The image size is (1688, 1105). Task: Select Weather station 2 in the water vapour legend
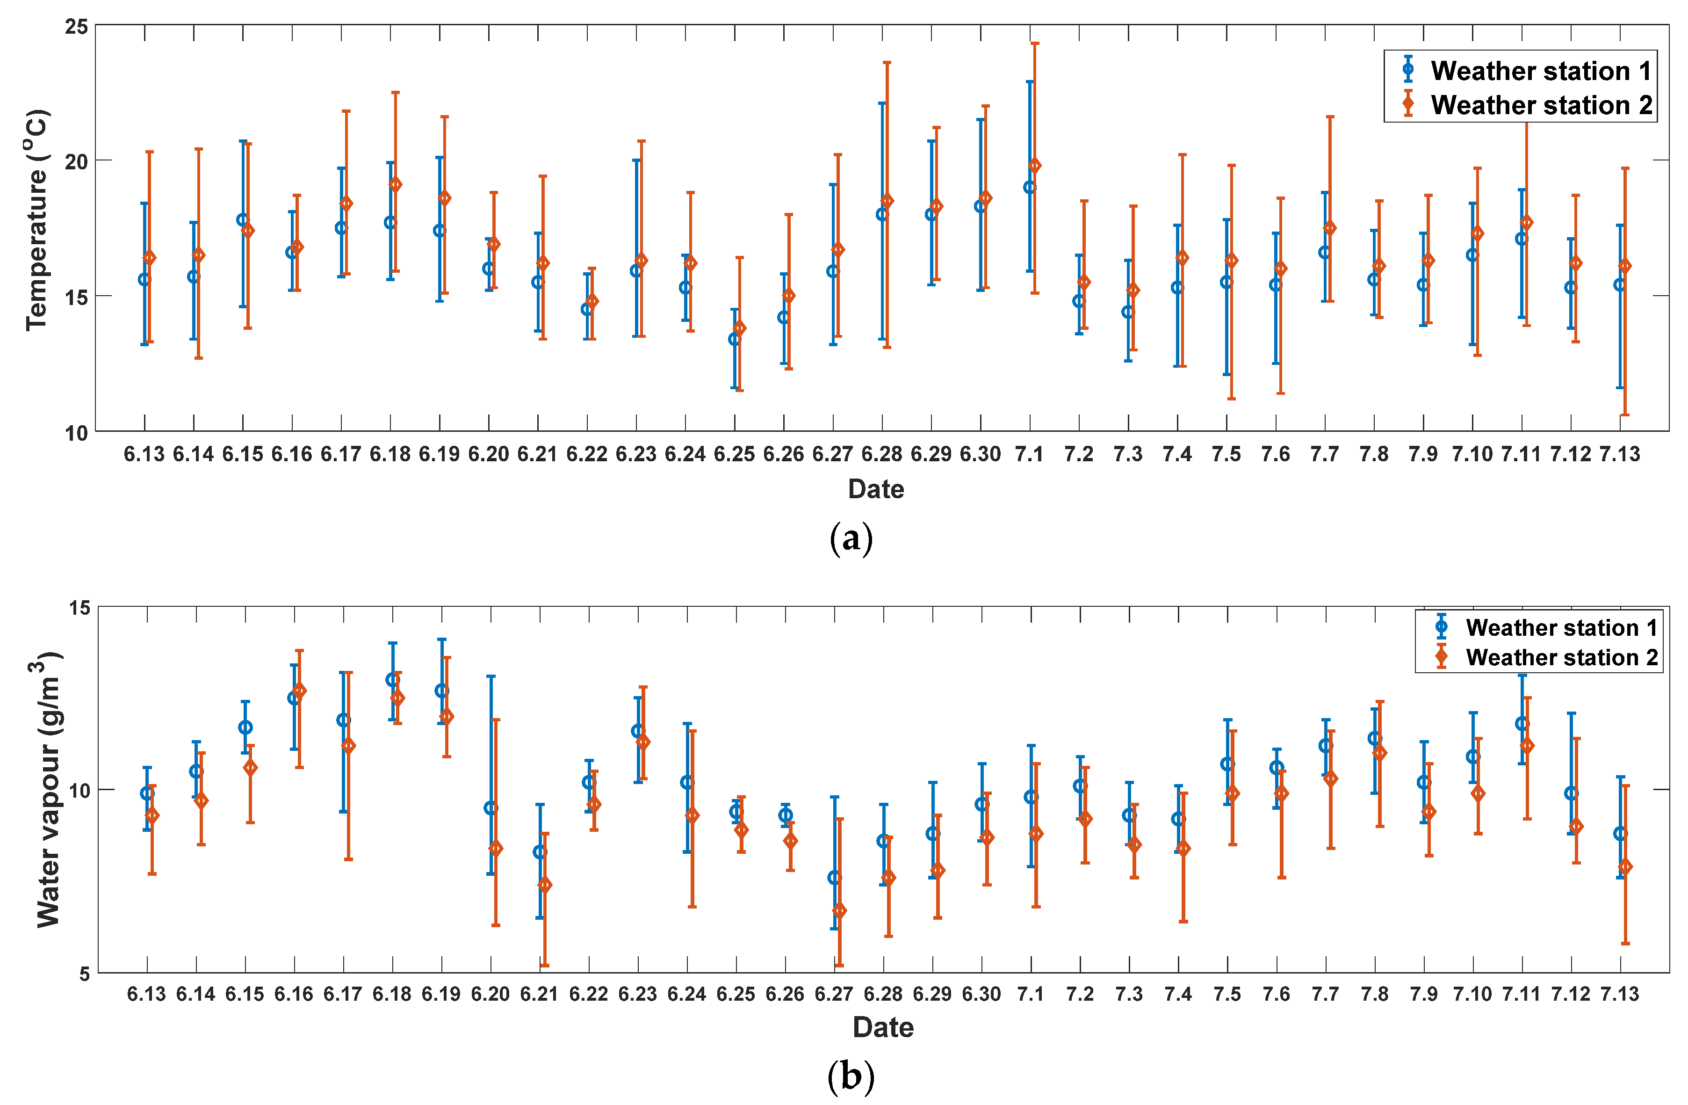click(x=1561, y=657)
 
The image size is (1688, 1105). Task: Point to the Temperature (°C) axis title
click(x=37, y=220)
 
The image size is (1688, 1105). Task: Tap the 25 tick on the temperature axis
click(x=77, y=27)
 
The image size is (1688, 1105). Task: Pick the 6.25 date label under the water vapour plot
click(x=736, y=994)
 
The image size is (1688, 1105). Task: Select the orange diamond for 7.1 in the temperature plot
click(x=1035, y=165)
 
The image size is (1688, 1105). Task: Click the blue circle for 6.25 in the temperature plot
click(x=735, y=339)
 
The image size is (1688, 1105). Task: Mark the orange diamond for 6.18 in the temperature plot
click(x=396, y=184)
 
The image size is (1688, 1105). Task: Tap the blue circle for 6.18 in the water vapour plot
click(x=392, y=680)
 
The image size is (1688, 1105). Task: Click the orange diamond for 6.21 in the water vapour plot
click(x=545, y=885)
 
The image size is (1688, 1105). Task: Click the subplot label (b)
click(x=851, y=1077)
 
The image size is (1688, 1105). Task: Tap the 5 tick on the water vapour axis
click(x=84, y=974)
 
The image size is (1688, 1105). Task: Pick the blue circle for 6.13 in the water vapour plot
click(x=147, y=793)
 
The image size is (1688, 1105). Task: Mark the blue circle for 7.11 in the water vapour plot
click(x=1522, y=724)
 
